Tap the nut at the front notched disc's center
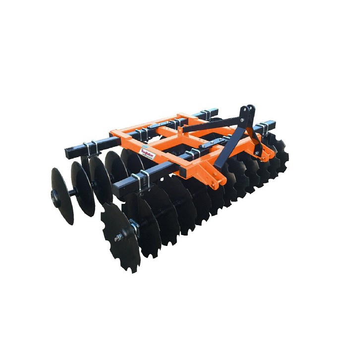coord(118,239)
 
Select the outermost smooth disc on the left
coord(62,196)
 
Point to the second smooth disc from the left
coord(82,188)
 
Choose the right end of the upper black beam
coord(271,122)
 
